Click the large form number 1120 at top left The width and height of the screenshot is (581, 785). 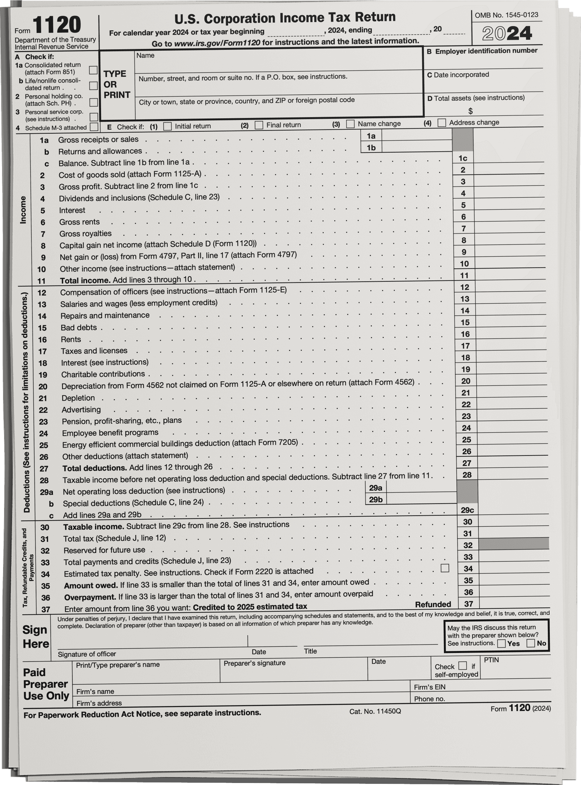pyautogui.click(x=57, y=25)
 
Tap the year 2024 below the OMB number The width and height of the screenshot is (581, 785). pyautogui.click(x=507, y=34)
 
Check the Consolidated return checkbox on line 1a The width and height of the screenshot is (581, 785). pyautogui.click(x=93, y=70)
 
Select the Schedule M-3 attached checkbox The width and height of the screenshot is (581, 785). pyautogui.click(x=94, y=127)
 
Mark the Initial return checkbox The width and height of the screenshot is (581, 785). pyautogui.click(x=168, y=126)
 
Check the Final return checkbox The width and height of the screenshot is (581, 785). pyautogui.click(x=259, y=125)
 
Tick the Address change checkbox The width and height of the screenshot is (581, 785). pyautogui.click(x=442, y=123)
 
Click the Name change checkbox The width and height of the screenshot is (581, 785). pyautogui.click(x=350, y=124)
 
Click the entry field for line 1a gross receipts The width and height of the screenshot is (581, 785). pyautogui.click(x=416, y=135)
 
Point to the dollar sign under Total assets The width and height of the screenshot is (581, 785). pyautogui.click(x=471, y=111)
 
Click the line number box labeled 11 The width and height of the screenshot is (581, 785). pyautogui.click(x=464, y=276)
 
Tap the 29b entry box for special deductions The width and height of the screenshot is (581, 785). pyautogui.click(x=421, y=499)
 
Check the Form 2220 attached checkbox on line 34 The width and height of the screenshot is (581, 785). pyautogui.click(x=445, y=568)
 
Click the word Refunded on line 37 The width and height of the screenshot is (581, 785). pyautogui.click(x=433, y=605)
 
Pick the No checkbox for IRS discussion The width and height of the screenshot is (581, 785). pyautogui.click(x=531, y=643)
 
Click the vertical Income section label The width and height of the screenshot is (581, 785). pyautogui.click(x=23, y=210)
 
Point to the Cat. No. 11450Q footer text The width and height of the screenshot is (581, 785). pyautogui.click(x=375, y=711)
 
